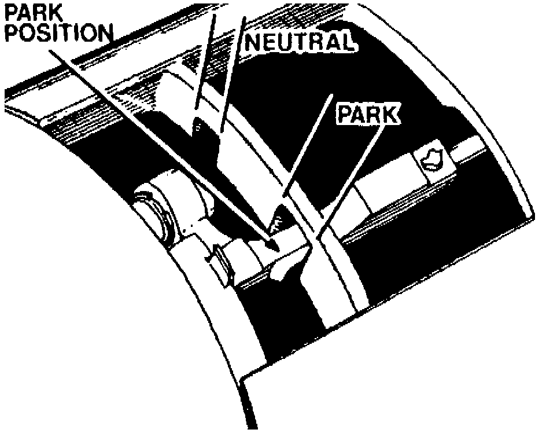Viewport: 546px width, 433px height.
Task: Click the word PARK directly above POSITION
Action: (x=28, y=11)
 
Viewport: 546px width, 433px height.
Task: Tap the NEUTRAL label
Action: (x=298, y=42)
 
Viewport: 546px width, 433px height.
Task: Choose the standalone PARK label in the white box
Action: (x=368, y=115)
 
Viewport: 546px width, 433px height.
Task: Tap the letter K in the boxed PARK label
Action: (x=390, y=115)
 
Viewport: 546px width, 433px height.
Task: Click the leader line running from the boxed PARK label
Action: (x=347, y=179)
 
